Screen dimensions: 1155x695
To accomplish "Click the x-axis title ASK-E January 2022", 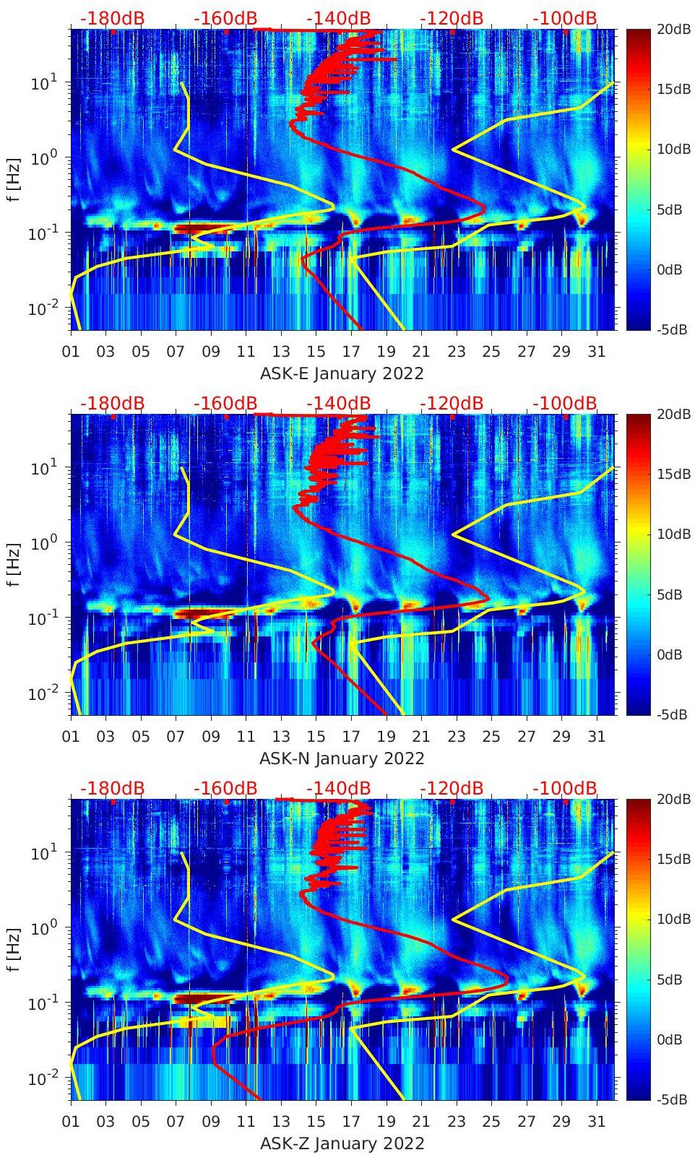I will point(341,373).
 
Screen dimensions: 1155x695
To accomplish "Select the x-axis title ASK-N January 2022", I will point(341,758).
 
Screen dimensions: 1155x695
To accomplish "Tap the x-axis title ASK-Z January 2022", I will point(341,1143).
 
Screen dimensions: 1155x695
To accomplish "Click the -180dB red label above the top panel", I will point(112,18).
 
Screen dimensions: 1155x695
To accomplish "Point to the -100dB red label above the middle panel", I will point(565,403).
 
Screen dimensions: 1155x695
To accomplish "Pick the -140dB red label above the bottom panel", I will point(338,788).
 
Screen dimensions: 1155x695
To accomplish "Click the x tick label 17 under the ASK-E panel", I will point(350,352).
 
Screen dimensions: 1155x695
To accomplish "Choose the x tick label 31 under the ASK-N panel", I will point(596,737).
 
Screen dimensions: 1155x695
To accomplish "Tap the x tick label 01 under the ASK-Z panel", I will point(71,1122).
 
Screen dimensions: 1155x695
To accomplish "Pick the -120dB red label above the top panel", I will point(452,18).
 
